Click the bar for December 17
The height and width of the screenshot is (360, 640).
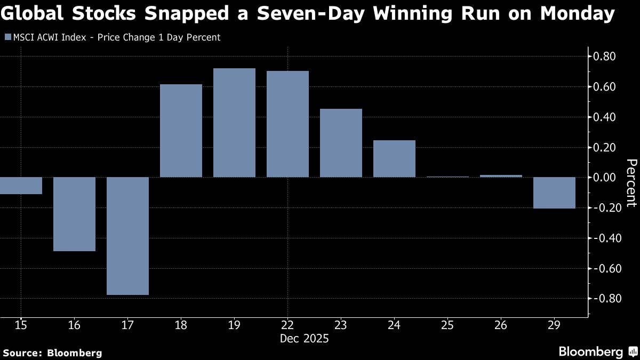pos(127,236)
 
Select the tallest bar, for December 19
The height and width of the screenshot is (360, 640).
pos(234,123)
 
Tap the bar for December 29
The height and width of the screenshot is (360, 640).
pos(554,193)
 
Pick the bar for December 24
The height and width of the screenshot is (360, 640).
pos(394,158)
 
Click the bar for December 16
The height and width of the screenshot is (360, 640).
pos(74,214)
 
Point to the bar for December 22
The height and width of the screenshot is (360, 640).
pos(287,124)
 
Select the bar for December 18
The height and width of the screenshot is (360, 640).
pos(181,131)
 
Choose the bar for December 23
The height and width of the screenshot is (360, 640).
pos(341,143)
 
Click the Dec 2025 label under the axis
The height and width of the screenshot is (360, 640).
pos(305,339)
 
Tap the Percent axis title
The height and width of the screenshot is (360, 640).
pos(631,182)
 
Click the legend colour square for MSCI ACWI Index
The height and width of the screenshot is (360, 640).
pos(7,37)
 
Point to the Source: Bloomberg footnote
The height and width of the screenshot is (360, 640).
pos(52,353)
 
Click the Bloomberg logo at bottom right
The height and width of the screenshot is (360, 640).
pos(597,351)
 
